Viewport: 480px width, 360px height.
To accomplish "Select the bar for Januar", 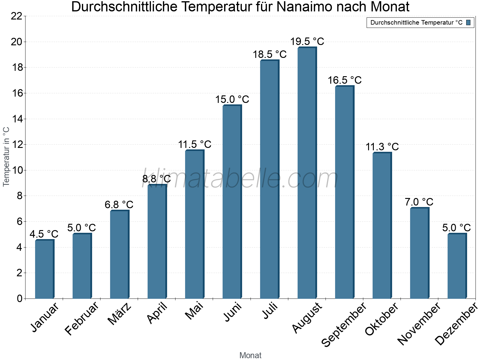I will point(44,269).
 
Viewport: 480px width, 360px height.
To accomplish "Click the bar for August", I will point(307,173).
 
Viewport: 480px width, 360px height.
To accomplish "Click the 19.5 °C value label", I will point(307,41).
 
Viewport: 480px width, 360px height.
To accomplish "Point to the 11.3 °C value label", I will point(382,147).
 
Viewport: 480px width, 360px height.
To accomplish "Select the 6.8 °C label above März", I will point(119,205).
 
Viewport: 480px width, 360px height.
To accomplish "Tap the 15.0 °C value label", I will point(232,99).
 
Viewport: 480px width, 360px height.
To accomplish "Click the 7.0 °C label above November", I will point(419,202).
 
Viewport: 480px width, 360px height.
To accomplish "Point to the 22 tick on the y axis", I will point(16,16).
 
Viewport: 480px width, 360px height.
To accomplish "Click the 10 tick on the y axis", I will point(16,170).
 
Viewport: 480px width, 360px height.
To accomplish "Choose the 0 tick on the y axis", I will point(20,298).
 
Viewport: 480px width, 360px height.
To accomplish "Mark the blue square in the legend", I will point(468,22).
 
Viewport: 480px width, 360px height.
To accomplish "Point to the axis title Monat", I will point(250,355).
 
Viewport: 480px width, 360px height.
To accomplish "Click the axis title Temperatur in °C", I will point(6,157).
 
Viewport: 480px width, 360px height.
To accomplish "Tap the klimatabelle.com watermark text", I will point(240,178).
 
